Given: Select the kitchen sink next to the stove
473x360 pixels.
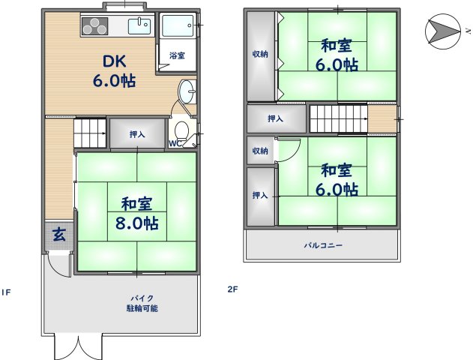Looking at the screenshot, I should [x=139, y=27].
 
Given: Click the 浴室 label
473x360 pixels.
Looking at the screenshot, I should [x=177, y=56].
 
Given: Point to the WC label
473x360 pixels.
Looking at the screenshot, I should [x=173, y=143].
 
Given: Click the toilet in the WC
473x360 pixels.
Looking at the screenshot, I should [x=181, y=129].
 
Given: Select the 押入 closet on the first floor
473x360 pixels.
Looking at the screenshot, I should [x=136, y=135].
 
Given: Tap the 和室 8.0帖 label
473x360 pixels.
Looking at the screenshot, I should [x=139, y=212].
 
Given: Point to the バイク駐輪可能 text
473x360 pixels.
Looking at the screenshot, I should [x=142, y=303].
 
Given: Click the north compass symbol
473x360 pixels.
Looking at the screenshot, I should [x=443, y=31].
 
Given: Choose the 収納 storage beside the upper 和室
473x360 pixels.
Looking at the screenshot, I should [x=260, y=54].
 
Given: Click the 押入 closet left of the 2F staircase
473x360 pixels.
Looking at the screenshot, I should [x=276, y=118].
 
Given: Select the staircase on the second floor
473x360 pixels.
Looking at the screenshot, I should [x=338, y=118].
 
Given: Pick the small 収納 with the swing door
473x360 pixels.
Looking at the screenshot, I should [x=260, y=151].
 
